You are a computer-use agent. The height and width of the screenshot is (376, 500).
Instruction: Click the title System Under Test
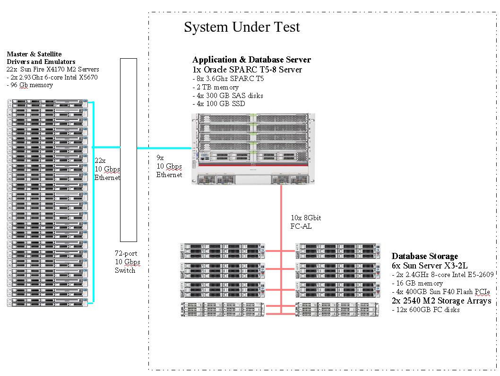coord(241,27)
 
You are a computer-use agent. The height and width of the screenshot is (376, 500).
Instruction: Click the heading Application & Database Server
coord(251,60)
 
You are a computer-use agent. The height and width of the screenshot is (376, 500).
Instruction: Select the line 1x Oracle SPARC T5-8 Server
coord(247,70)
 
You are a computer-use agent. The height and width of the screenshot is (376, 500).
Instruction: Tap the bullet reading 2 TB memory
coord(216,87)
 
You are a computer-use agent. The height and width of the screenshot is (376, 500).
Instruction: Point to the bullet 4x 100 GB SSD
coord(219,104)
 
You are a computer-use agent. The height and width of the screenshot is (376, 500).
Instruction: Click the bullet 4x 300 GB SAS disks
coord(228,96)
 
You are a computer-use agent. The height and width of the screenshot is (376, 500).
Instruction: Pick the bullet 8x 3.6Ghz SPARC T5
coord(228,79)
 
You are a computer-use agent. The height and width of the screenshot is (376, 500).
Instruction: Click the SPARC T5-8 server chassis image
coord(250,148)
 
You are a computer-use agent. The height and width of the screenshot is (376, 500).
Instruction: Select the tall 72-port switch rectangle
coord(129,150)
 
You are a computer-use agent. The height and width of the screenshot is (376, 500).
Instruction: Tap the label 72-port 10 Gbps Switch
coord(127,262)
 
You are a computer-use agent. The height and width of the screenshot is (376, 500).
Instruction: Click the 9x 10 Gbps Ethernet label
coord(169,166)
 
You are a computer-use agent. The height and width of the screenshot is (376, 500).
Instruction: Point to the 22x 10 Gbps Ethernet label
coord(107,169)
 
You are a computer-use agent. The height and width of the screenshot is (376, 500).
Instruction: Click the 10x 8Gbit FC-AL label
coord(306,222)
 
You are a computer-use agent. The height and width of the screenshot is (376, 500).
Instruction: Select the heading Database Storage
coord(424,256)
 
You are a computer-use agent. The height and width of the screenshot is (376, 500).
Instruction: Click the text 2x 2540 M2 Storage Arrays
coord(441,301)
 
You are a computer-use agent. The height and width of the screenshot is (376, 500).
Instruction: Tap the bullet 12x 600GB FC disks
coord(426,310)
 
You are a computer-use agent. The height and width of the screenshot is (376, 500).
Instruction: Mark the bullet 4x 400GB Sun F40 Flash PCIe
coord(440,292)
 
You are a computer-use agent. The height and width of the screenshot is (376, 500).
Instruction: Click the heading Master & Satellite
coord(34,54)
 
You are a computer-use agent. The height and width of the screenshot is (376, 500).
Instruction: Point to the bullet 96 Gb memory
coord(30,85)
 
